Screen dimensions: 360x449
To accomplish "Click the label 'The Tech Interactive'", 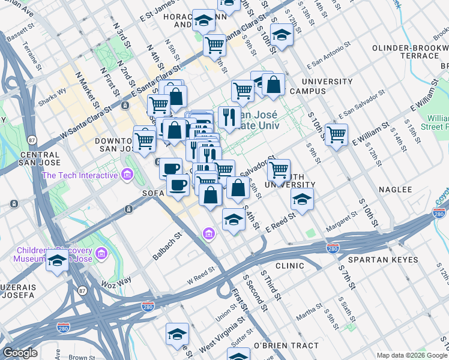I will [x=80, y=175].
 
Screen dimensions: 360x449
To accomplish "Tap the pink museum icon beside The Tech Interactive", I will [x=127, y=175].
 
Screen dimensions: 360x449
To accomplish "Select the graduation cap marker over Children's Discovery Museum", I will [x=57, y=261].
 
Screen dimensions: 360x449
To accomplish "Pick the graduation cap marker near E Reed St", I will [x=303, y=200].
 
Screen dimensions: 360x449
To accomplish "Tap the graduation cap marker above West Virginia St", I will [x=177, y=334].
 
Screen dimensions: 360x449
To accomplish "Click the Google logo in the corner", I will [x=20, y=353].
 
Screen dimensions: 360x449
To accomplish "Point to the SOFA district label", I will [x=153, y=193].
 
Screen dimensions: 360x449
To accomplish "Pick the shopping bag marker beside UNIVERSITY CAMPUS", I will [x=273, y=85].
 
